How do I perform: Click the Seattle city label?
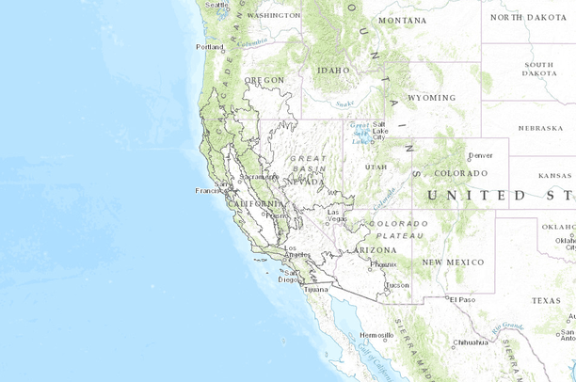216,5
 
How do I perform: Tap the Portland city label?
209,46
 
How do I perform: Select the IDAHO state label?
333,70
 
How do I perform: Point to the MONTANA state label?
402,20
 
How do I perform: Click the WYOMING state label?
432,97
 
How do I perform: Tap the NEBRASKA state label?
540,128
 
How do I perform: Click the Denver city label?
480,155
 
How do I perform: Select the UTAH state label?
376,167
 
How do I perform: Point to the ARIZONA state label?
376,249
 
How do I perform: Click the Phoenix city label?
383,264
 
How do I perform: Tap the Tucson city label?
397,284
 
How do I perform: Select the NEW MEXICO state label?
453,262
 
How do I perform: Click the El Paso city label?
463,299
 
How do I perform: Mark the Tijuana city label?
317,289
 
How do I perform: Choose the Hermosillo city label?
376,335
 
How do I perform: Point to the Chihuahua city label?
470,342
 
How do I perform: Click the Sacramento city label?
259,176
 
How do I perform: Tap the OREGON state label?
264,81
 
